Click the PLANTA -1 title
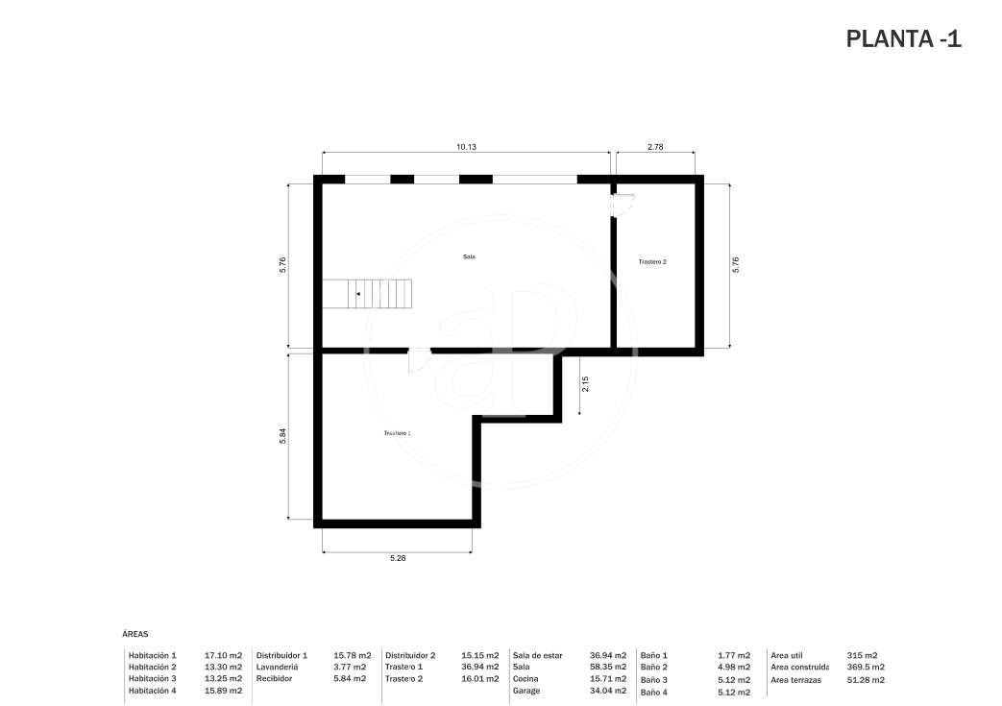tap(903, 39)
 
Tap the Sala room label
tap(469, 256)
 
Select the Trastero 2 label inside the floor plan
tap(652, 262)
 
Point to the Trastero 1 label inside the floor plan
tap(397, 433)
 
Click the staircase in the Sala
tap(367, 294)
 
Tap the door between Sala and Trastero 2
tap(622, 206)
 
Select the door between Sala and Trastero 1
tap(419, 359)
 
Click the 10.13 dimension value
tap(466, 147)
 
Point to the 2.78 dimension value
tap(655, 147)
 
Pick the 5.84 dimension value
tap(282, 436)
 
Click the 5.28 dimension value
tap(398, 558)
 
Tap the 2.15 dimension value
tap(585, 384)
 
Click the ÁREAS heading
tap(134, 635)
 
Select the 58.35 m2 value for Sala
tap(608, 667)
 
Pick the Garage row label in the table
tap(525, 691)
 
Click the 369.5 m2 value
tap(866, 667)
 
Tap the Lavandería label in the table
tap(278, 667)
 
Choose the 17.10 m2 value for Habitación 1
tap(223, 655)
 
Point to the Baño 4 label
tap(653, 693)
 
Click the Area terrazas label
tap(795, 680)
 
